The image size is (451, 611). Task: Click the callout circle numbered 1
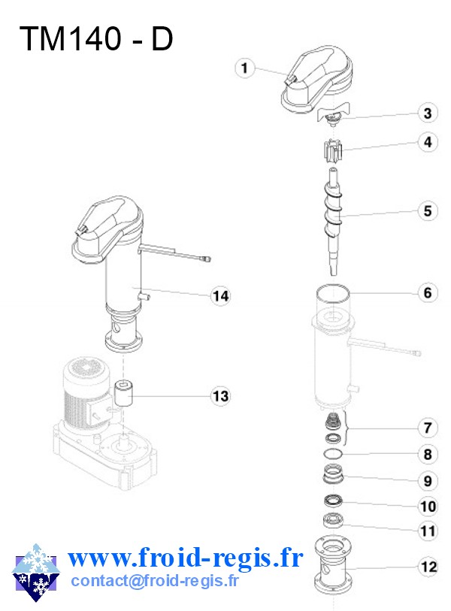click(x=243, y=68)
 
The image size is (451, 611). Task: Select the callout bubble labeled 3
click(x=427, y=113)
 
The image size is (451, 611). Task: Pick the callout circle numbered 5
click(x=427, y=211)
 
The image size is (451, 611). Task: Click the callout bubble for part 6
click(x=427, y=292)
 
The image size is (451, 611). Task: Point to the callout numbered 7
click(x=427, y=428)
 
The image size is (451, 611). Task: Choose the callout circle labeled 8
click(x=427, y=454)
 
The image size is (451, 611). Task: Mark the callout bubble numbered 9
click(x=427, y=480)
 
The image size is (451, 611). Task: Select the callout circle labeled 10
click(x=427, y=507)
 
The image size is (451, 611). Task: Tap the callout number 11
click(x=427, y=531)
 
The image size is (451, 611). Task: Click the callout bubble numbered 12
click(x=427, y=567)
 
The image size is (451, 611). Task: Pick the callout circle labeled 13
click(x=219, y=395)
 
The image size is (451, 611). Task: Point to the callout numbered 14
click(x=219, y=296)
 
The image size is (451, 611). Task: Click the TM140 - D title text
click(x=95, y=39)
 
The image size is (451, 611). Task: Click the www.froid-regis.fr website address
click(x=185, y=558)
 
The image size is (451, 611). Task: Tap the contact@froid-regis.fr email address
click(x=155, y=581)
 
